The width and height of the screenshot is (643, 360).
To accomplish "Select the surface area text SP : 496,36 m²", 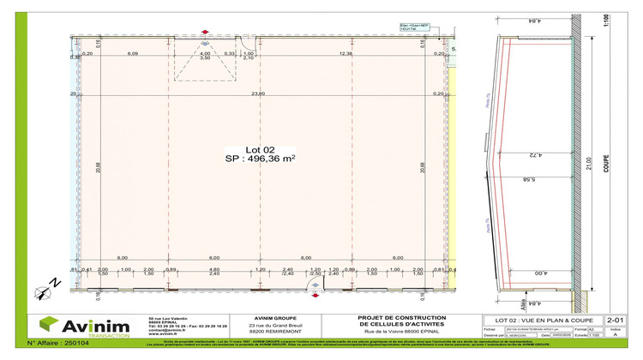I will tap(261, 159).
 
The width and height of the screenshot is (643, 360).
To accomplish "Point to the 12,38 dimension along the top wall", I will tap(346, 55).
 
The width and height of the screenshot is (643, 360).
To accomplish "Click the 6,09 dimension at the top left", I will tap(134, 55).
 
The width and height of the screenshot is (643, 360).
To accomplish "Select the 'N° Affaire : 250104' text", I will tap(58, 343).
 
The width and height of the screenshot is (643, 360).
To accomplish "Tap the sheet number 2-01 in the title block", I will tap(614, 317).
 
